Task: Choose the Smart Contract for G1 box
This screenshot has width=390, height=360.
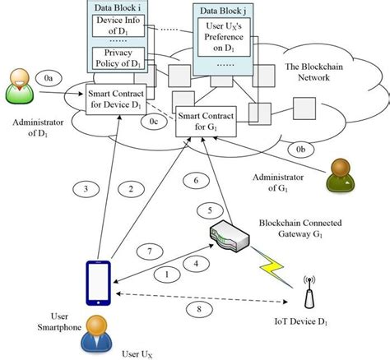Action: tap(209, 122)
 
